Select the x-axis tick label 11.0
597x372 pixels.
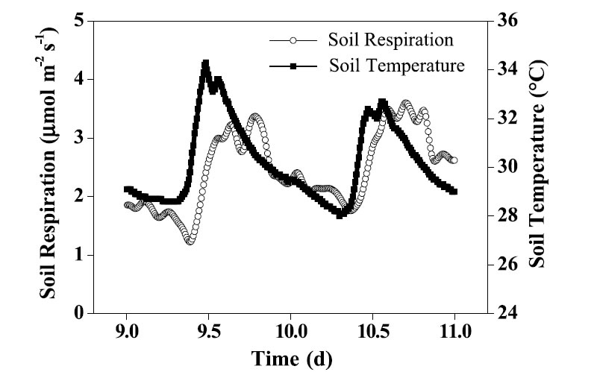tap(454, 329)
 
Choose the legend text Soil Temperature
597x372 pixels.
tap(396, 66)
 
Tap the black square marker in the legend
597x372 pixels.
tap(294, 66)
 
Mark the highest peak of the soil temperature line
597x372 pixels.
tap(205, 64)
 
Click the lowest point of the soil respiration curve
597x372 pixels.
tap(190, 242)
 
